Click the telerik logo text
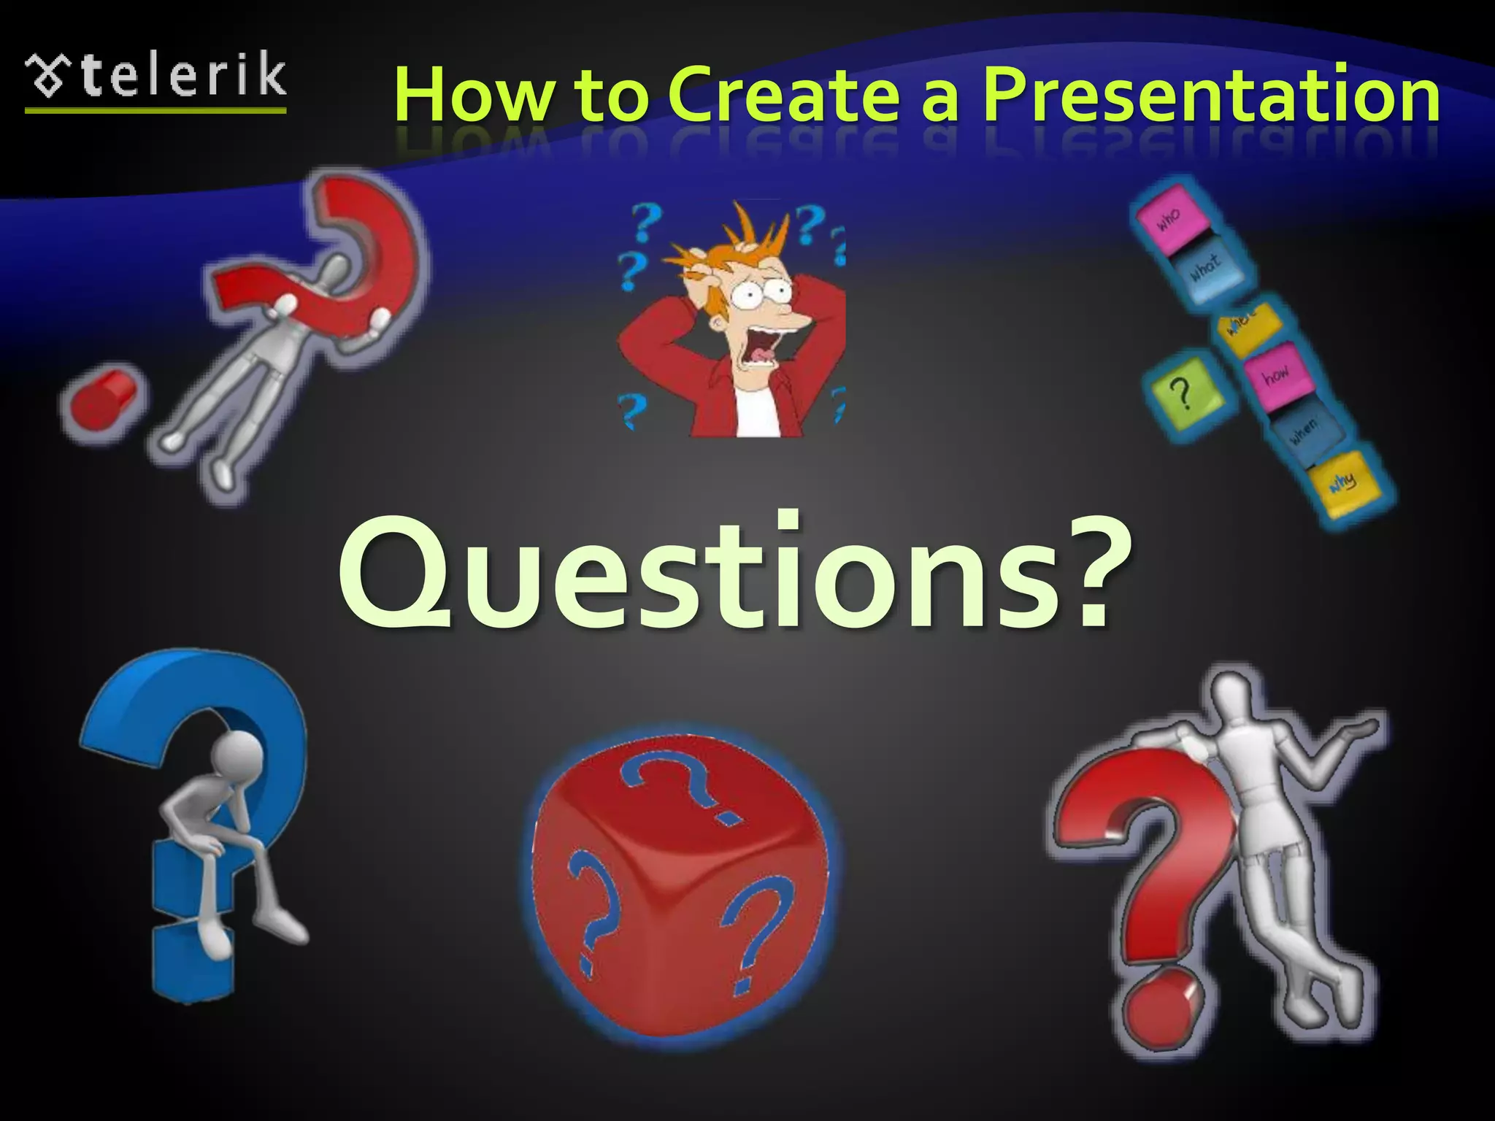pyautogui.click(x=182, y=76)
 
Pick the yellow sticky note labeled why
pyautogui.click(x=1342, y=481)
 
